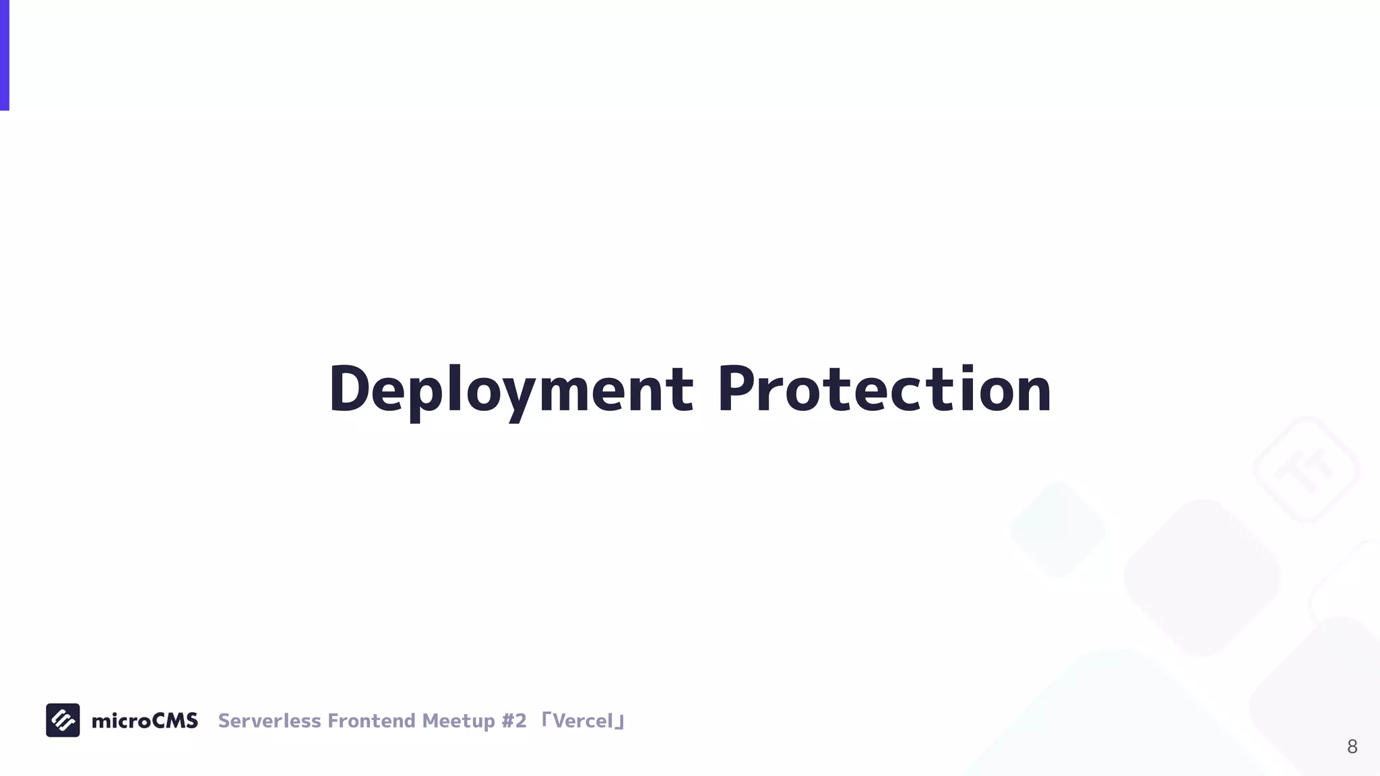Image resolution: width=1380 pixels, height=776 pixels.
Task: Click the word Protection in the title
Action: click(883, 389)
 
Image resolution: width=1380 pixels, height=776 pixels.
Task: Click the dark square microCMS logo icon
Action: click(63, 720)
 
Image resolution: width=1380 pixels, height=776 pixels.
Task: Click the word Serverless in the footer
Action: click(270, 721)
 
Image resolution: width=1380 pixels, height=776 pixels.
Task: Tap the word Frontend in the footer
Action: click(371, 721)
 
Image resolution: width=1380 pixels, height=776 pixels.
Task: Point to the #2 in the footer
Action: click(514, 721)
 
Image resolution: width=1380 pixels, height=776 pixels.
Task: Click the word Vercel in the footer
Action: click(583, 721)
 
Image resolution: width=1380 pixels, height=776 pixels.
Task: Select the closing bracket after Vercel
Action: click(621, 724)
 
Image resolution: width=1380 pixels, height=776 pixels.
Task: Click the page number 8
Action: click(1352, 746)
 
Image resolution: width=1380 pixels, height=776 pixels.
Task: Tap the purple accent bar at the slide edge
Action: click(4, 55)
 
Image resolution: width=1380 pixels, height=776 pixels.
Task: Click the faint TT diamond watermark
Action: click(1307, 470)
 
